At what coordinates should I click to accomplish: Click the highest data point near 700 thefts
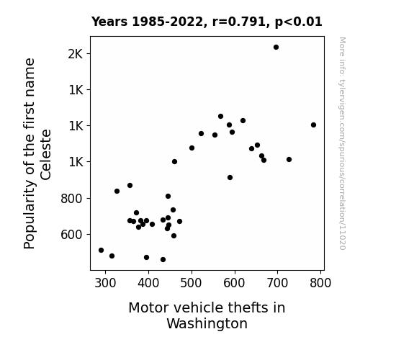[276, 48]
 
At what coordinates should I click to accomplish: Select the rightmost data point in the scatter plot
[313, 125]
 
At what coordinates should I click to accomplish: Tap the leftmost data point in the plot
[101, 250]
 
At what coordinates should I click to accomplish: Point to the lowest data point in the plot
[163, 260]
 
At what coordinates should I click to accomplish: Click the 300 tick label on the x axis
[105, 283]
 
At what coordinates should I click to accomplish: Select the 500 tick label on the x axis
[191, 283]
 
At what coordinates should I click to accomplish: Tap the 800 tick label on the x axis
[320, 283]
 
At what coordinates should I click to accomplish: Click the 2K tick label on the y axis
[76, 54]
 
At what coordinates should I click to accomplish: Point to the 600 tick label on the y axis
[72, 235]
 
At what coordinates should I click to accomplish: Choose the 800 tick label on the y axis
[72, 198]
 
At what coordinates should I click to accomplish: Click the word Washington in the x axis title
[207, 324]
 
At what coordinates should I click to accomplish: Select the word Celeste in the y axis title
[45, 155]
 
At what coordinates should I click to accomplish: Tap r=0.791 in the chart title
[239, 22]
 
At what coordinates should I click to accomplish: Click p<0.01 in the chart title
[299, 22]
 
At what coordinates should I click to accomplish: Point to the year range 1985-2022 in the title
[168, 22]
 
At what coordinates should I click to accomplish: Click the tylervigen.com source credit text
[342, 143]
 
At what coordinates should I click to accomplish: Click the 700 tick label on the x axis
[277, 283]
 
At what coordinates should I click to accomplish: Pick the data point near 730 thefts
[289, 160]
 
